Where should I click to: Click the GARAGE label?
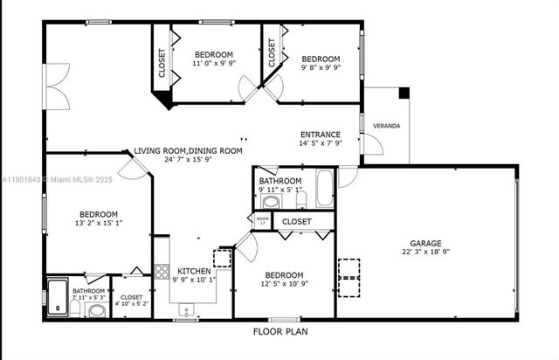[x=426, y=244]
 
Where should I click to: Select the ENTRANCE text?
[x=321, y=135]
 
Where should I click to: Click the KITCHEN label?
[x=194, y=271]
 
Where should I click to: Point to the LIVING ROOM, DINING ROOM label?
[x=188, y=150]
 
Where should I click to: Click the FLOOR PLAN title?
[x=279, y=331]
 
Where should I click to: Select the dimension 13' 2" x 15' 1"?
[x=99, y=222]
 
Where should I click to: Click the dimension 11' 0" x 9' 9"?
[x=214, y=64]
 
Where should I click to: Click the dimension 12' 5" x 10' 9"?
[x=284, y=283]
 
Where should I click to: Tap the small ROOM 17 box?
[x=262, y=221]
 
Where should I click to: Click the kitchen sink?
[x=186, y=308]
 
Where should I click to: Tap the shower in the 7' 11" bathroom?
[x=59, y=295]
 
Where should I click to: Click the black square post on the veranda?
[x=403, y=93]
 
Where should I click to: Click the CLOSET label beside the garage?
[x=297, y=222]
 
